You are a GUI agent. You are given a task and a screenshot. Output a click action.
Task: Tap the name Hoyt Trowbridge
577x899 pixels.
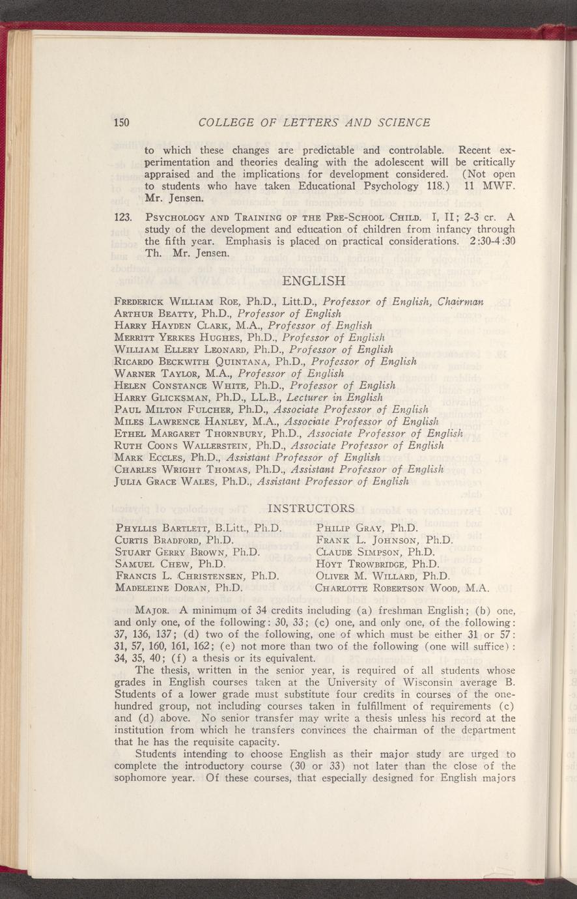click(x=361, y=564)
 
